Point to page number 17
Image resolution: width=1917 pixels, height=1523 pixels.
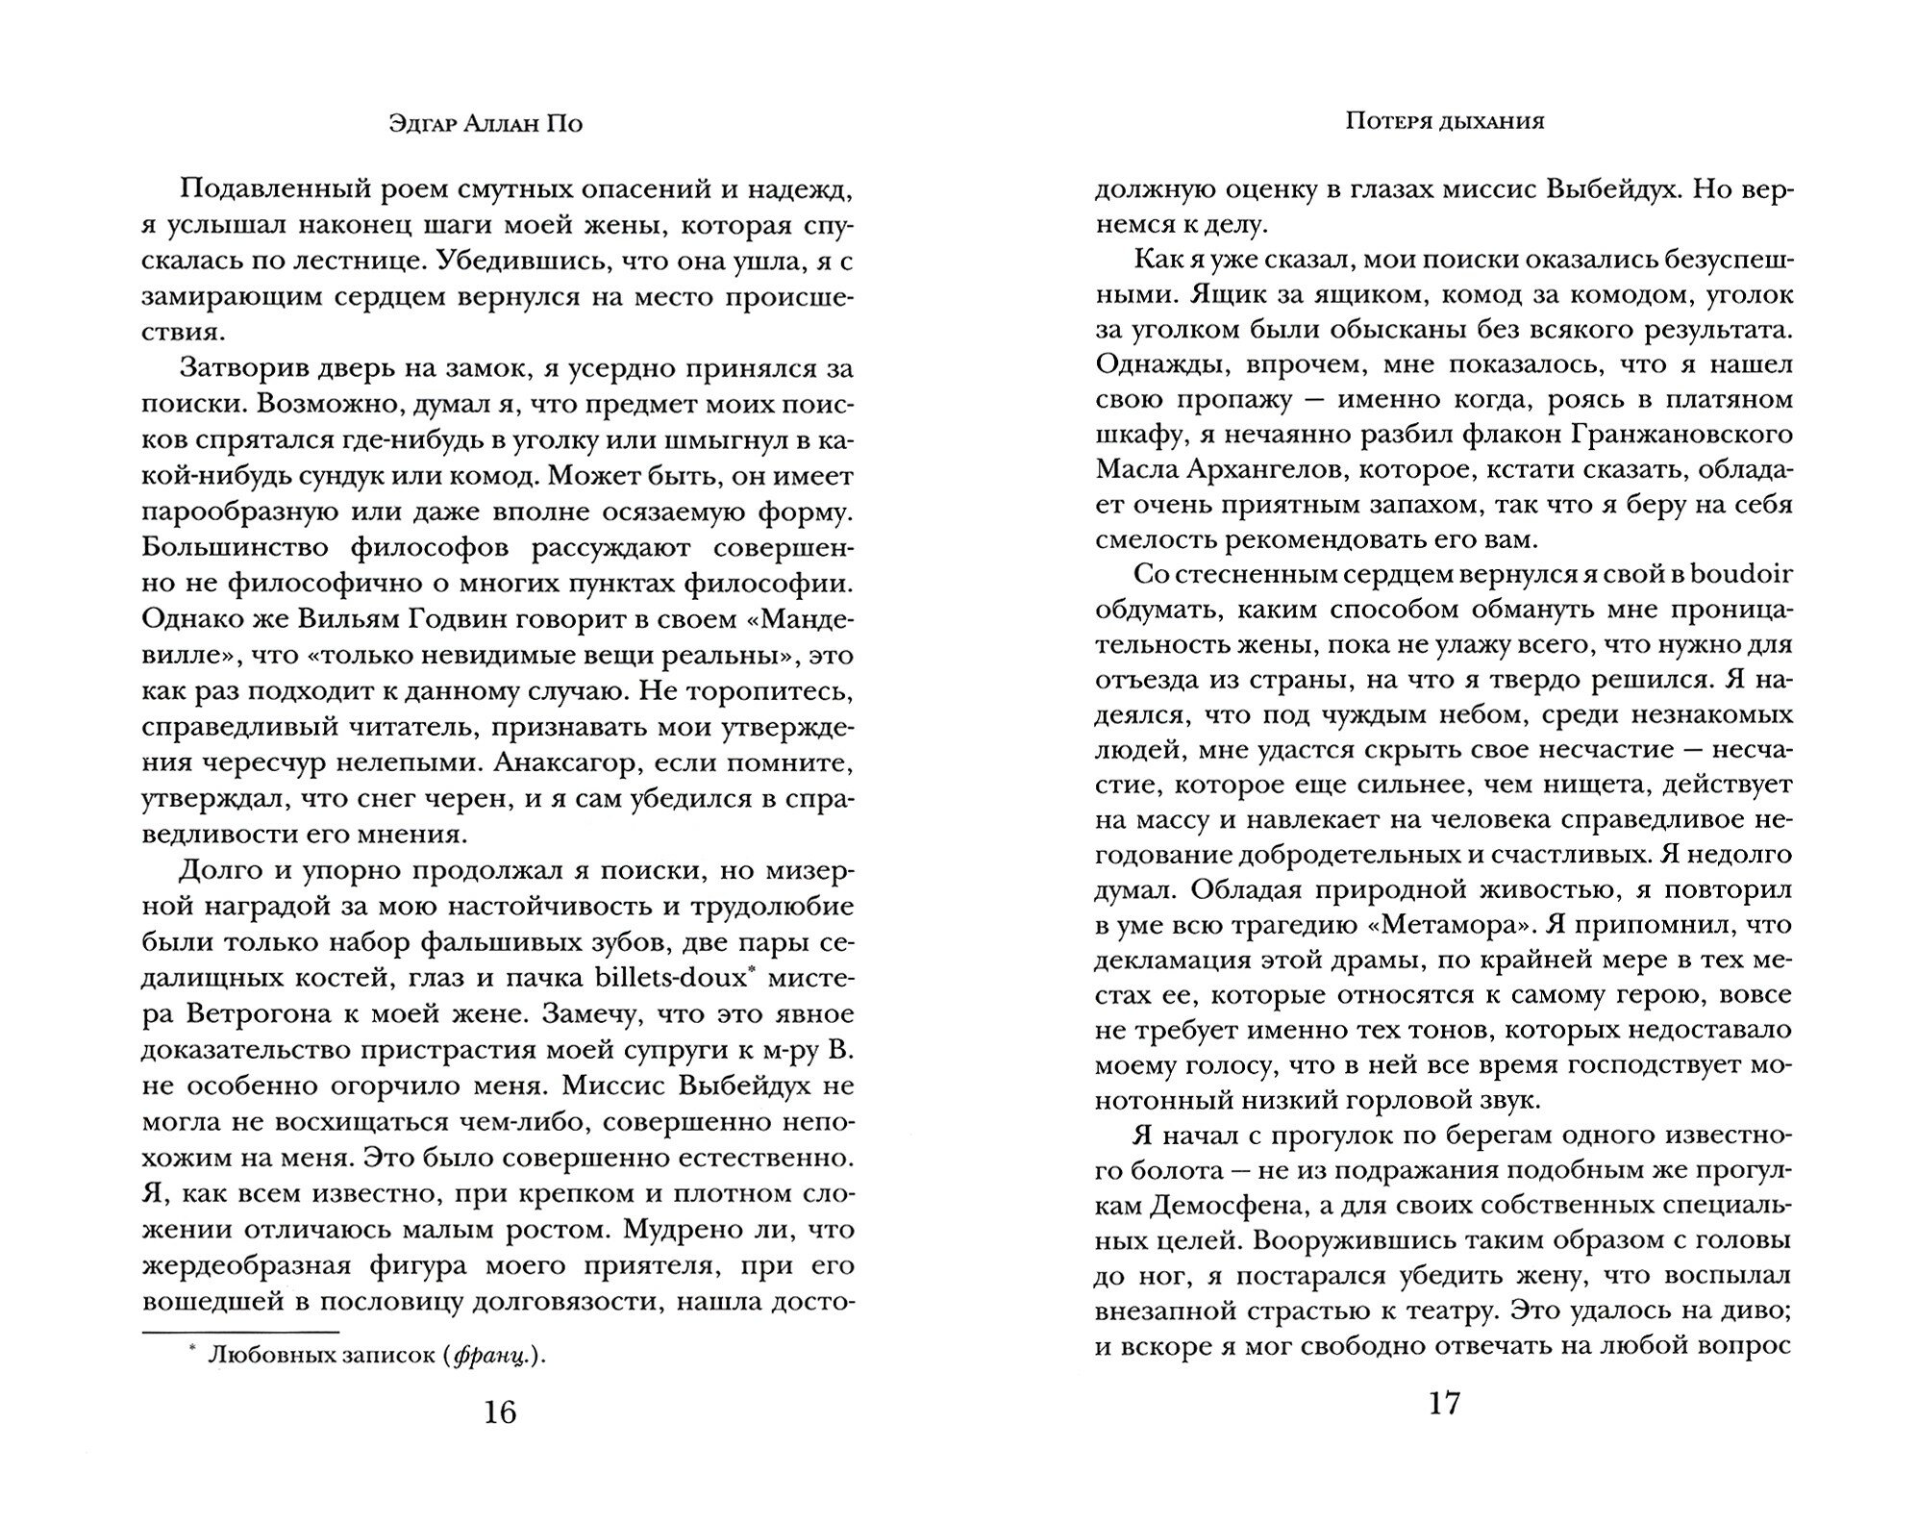[1444, 1404]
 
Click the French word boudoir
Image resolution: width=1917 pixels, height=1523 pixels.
[1740, 574]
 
